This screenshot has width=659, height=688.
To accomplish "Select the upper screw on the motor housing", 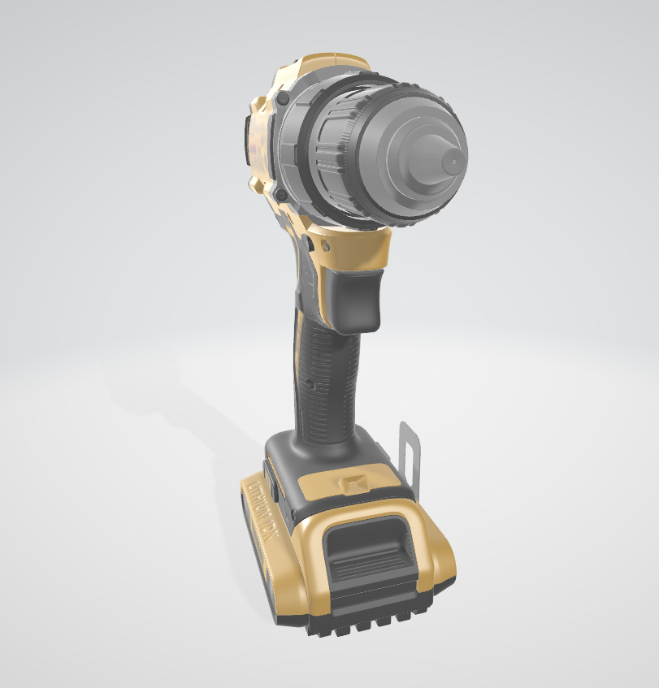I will click(x=283, y=98).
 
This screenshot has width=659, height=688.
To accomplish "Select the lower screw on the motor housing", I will click(x=280, y=195).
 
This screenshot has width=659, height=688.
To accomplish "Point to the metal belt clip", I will click(x=412, y=459).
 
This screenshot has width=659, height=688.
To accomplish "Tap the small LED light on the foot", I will click(x=353, y=484).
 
